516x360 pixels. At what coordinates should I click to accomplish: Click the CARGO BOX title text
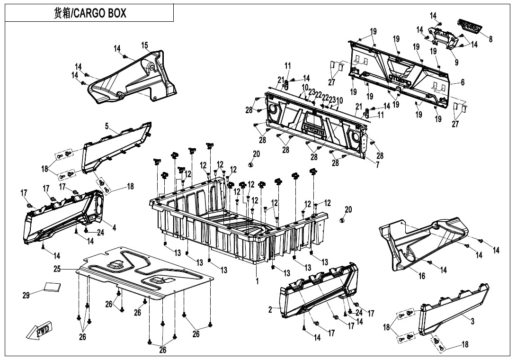click(x=90, y=13)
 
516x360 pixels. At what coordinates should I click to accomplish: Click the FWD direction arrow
click(x=41, y=331)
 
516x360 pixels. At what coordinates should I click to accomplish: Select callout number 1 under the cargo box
click(x=257, y=281)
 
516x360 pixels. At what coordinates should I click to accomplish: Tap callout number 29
click(x=26, y=296)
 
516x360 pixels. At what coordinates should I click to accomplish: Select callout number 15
click(x=144, y=45)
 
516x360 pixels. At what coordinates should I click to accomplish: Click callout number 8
click(x=490, y=39)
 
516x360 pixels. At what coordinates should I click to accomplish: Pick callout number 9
click(x=456, y=62)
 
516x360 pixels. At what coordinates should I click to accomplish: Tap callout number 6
click(x=462, y=82)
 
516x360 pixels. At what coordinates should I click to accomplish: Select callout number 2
click(x=270, y=310)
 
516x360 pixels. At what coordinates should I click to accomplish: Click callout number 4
click(x=114, y=228)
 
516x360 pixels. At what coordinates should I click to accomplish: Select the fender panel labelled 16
click(x=426, y=242)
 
